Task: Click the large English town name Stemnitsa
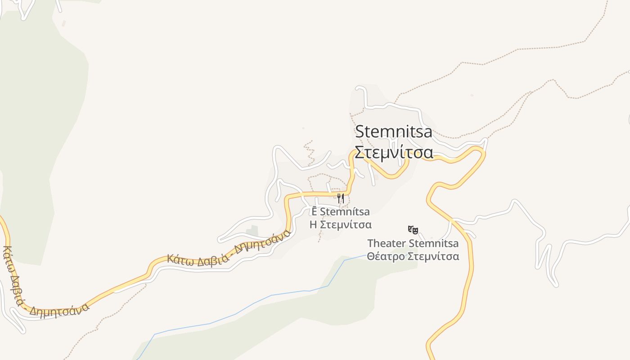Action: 394,132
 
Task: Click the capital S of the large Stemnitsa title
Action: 360,132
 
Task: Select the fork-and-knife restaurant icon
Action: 341,198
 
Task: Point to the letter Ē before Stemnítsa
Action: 315,211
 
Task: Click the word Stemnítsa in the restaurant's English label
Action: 345,211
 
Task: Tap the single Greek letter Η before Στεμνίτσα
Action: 314,224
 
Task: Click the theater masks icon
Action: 413,230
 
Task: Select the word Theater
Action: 386,243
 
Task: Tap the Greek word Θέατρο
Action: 386,256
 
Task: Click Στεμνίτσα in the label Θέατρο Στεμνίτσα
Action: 433,256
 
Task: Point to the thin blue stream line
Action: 270,296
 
